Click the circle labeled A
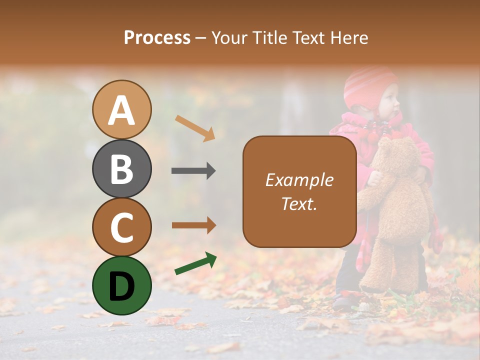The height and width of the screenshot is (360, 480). [x=122, y=109]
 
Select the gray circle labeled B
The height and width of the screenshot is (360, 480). [x=122, y=168]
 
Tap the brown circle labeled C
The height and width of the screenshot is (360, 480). [x=122, y=227]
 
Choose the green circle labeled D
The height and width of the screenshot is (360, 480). [x=122, y=285]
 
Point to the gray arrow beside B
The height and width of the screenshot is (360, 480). [x=193, y=171]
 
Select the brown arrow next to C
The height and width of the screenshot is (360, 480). [x=193, y=225]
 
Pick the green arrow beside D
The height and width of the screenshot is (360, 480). [x=195, y=263]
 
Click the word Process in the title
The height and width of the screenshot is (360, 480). [x=157, y=38]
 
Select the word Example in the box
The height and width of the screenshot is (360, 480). [x=299, y=180]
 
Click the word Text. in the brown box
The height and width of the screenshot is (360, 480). [x=299, y=203]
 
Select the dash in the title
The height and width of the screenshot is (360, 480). [x=200, y=38]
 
